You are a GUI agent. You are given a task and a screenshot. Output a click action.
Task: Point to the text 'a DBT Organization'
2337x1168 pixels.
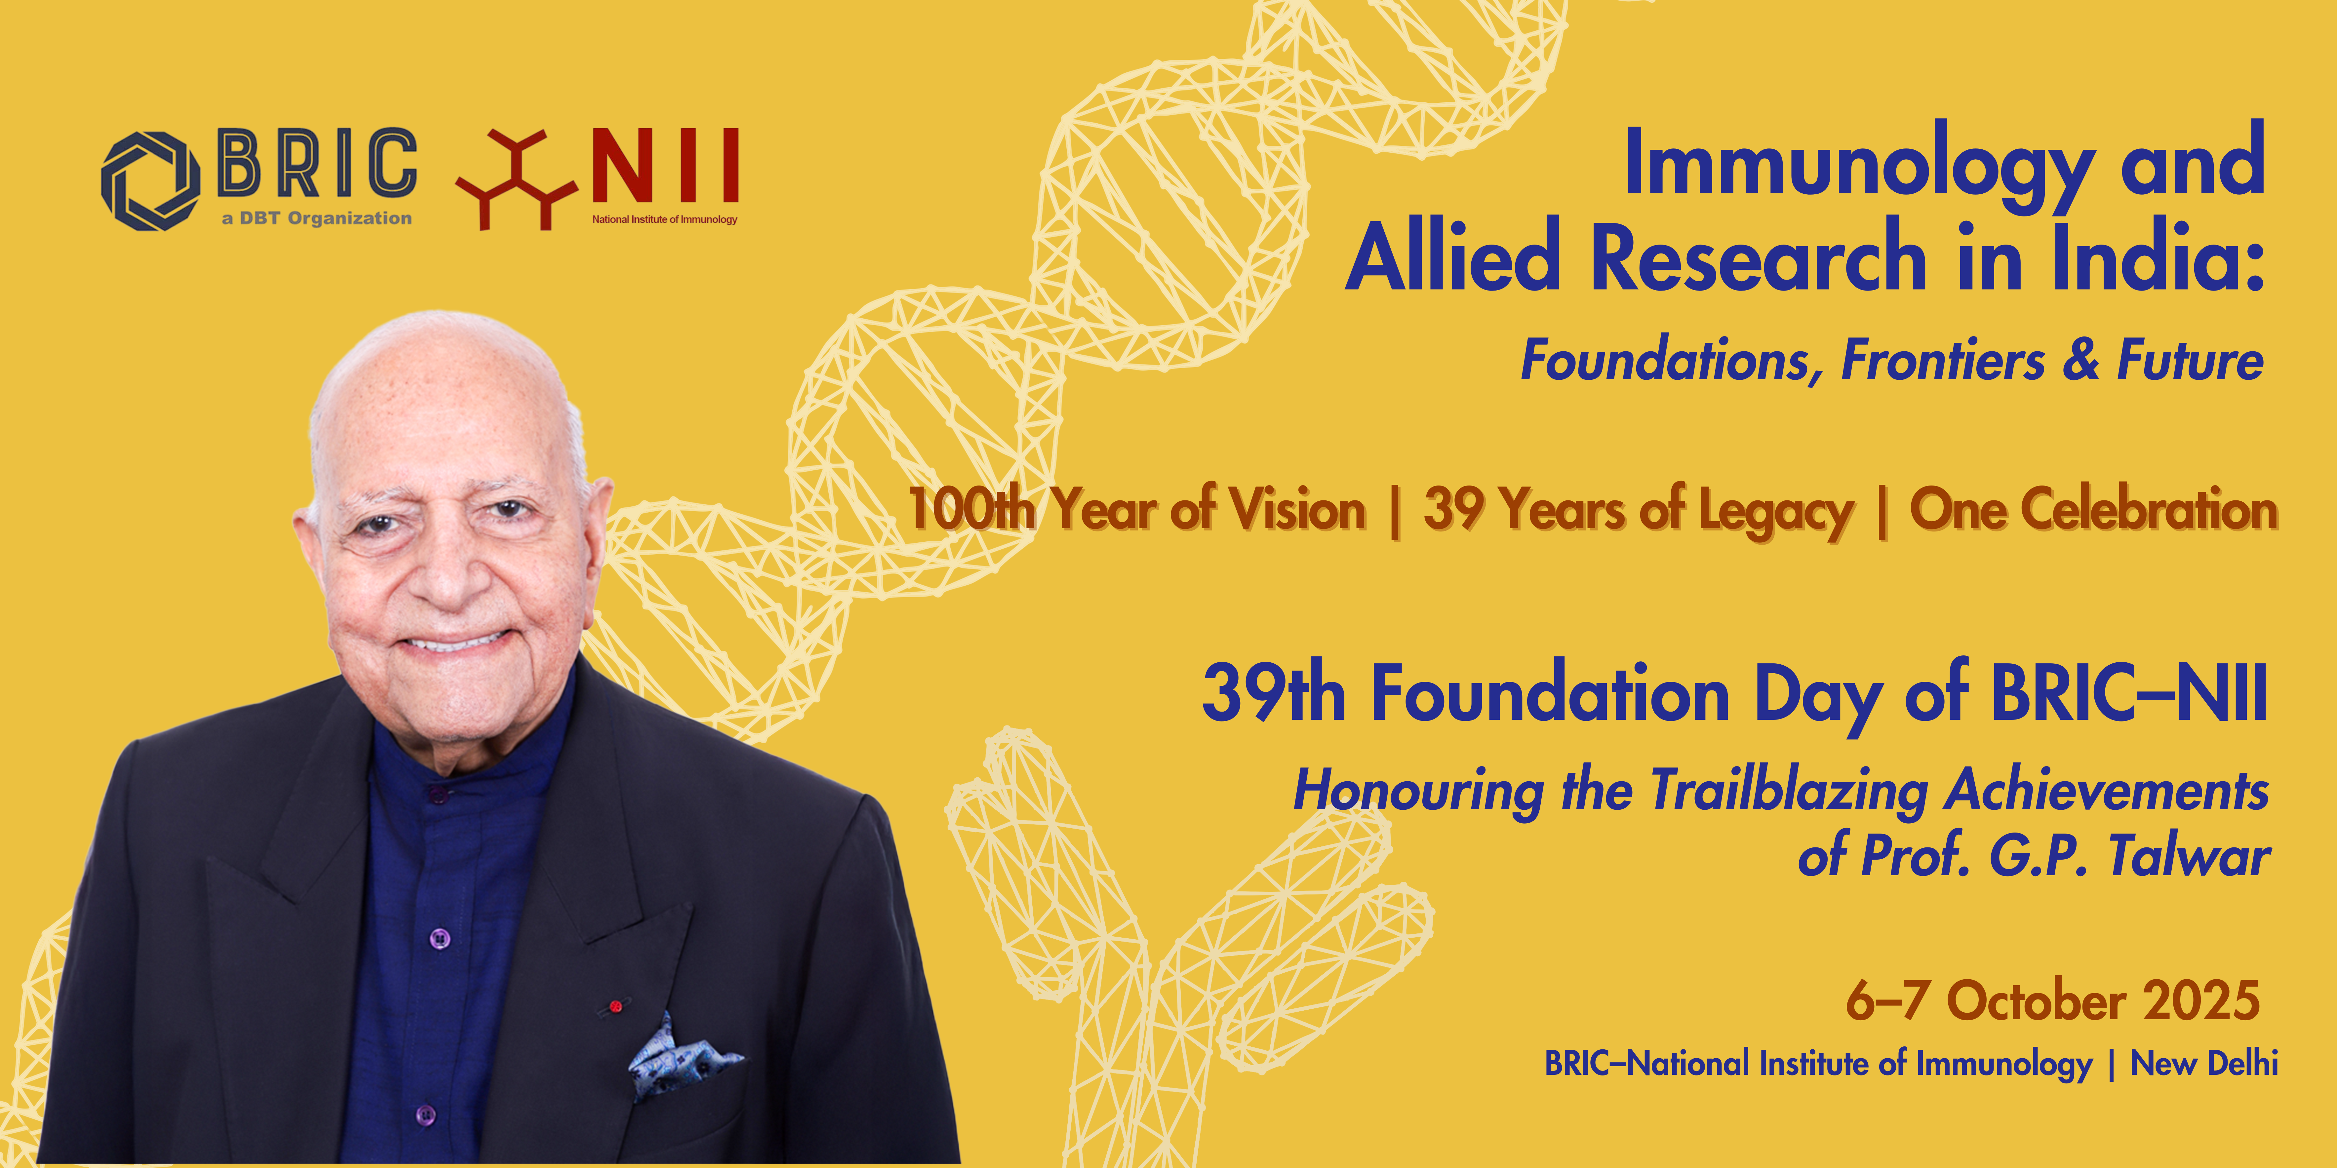(x=317, y=218)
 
